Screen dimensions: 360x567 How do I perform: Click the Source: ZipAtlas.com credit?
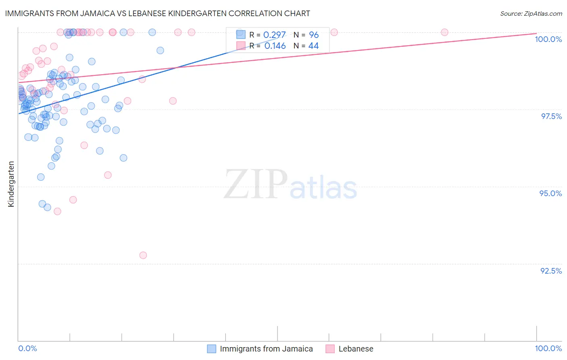pyautogui.click(x=531, y=14)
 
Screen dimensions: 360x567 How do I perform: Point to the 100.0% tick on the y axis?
pyautogui.click(x=548, y=39)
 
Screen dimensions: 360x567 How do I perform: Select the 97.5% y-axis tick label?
pyautogui.click(x=551, y=116)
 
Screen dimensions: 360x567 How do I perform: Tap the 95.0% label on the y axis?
pyautogui.click(x=550, y=193)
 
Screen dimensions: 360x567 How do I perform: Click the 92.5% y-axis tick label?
pyautogui.click(x=551, y=271)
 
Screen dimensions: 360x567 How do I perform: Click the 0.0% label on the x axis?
pyautogui.click(x=27, y=348)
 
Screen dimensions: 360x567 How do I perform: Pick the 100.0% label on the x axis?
pyautogui.click(x=548, y=348)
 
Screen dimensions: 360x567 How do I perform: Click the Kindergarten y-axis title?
pyautogui.click(x=11, y=184)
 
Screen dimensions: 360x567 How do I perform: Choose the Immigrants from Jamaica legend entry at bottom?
pyautogui.click(x=266, y=349)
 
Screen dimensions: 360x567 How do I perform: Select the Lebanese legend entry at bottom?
pyautogui.click(x=356, y=349)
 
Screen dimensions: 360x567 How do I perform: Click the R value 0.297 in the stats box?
pyautogui.click(x=274, y=35)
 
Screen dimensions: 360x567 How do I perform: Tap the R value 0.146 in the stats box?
pyautogui.click(x=275, y=46)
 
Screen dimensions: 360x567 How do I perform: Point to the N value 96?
pyautogui.click(x=314, y=35)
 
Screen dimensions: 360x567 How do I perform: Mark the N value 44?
pyautogui.click(x=313, y=46)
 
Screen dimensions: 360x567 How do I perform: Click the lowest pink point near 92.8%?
pyautogui.click(x=143, y=255)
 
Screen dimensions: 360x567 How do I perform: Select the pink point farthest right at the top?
pyautogui.click(x=444, y=32)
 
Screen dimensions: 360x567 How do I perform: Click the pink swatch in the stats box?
pyautogui.click(x=241, y=46)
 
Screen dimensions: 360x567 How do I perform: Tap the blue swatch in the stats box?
pyautogui.click(x=241, y=35)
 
